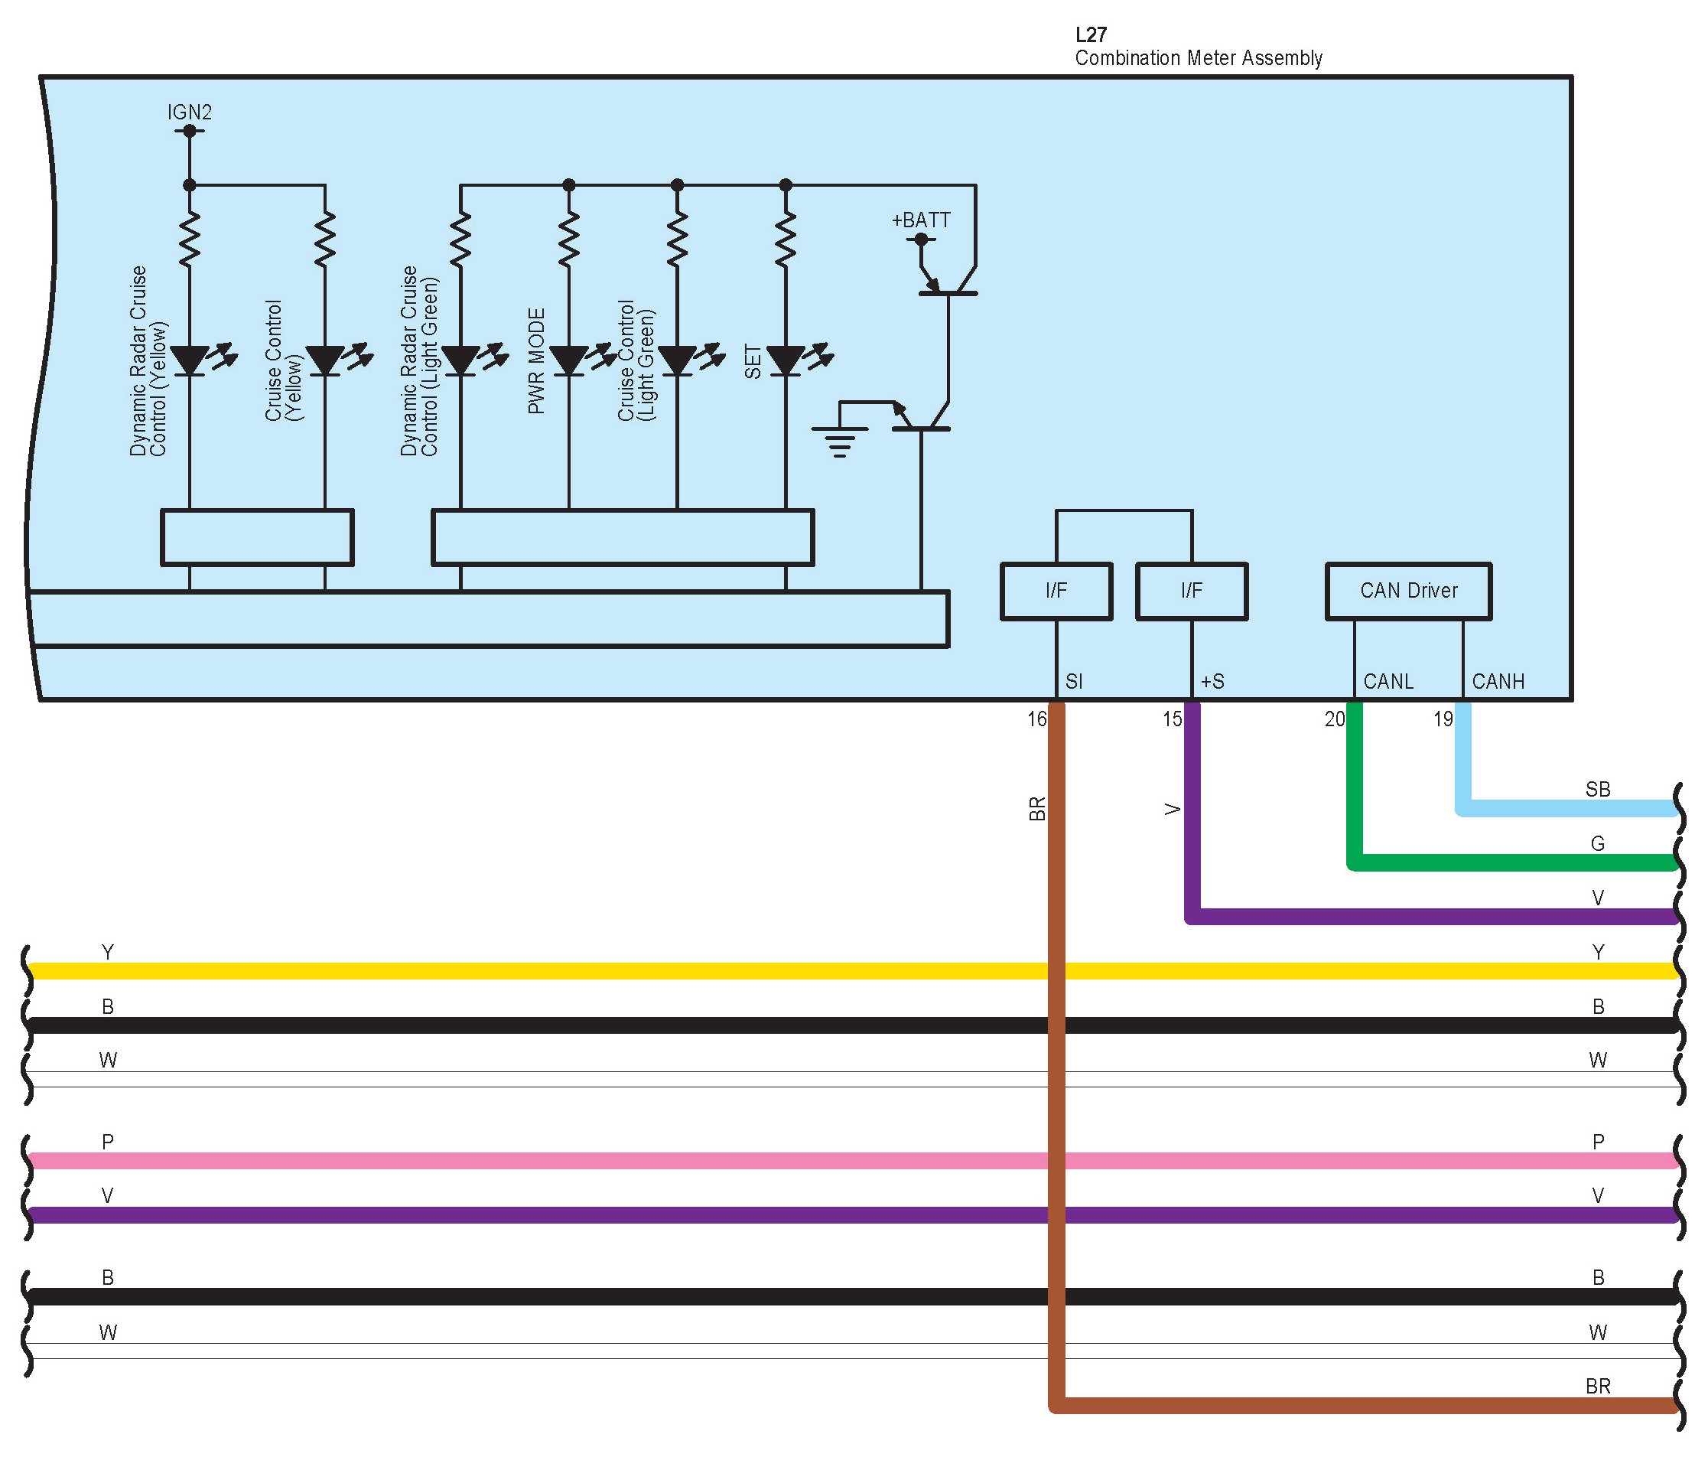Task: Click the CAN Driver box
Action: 1408,592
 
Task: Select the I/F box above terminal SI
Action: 1056,592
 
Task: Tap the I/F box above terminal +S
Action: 1191,592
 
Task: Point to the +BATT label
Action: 921,220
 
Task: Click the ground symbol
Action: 839,440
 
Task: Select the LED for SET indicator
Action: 786,360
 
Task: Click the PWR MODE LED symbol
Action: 569,360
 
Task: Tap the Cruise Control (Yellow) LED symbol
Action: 325,360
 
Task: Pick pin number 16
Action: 1036,719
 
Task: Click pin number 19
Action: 1443,719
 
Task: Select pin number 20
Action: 1335,719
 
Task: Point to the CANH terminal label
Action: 1498,682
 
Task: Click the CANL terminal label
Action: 1388,682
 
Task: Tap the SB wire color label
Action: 1598,789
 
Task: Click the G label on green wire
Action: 1598,843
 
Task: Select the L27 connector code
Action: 1091,34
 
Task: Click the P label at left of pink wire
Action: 107,1142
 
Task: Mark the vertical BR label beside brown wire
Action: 1037,809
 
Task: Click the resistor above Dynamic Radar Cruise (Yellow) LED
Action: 190,239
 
